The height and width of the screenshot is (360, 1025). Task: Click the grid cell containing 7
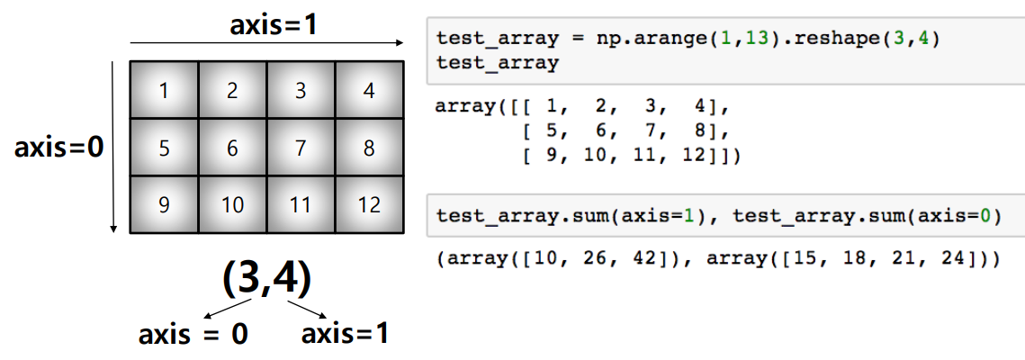pyautogui.click(x=301, y=148)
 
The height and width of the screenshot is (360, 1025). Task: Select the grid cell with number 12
pyautogui.click(x=369, y=205)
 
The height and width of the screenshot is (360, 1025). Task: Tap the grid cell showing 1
pyautogui.click(x=164, y=90)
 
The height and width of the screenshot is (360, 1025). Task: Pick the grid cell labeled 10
pyautogui.click(x=232, y=205)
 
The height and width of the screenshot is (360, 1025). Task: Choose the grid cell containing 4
pyautogui.click(x=369, y=90)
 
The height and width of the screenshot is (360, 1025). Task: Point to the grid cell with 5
pyautogui.click(x=164, y=148)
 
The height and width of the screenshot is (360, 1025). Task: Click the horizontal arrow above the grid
pyautogui.click(x=266, y=42)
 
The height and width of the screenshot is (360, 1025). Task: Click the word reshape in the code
pyautogui.click(x=855, y=40)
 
